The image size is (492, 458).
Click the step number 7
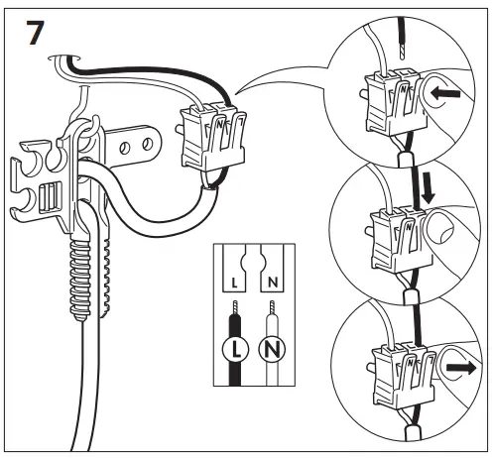point(33,34)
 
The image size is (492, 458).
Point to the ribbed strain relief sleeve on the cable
point(83,279)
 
